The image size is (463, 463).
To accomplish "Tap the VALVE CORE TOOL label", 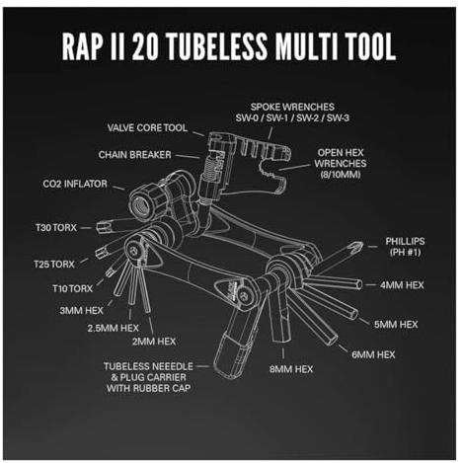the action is click(147, 127).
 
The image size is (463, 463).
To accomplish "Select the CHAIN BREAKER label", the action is click(134, 155).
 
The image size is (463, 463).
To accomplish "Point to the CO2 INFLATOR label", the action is click(75, 184).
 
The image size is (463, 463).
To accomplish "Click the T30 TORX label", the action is click(56, 227).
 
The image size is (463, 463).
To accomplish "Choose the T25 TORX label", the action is click(54, 264).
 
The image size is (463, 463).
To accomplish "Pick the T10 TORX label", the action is click(73, 288).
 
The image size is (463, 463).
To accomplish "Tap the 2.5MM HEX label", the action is click(113, 328).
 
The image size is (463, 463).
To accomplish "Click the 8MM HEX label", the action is click(291, 369).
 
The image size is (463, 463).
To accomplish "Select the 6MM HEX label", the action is click(373, 354).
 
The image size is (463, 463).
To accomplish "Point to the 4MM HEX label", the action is click(402, 285).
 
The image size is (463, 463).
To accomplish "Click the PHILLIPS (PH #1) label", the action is click(405, 247).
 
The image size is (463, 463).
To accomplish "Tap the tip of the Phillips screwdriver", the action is click(361, 244).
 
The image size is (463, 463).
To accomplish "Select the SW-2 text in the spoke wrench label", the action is click(307, 117).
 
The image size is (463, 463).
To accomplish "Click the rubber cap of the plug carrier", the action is click(231, 355).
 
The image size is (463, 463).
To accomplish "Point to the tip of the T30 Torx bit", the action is click(98, 227).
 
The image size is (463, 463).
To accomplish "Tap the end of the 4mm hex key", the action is click(360, 285).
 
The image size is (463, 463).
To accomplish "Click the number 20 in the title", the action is click(145, 46).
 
